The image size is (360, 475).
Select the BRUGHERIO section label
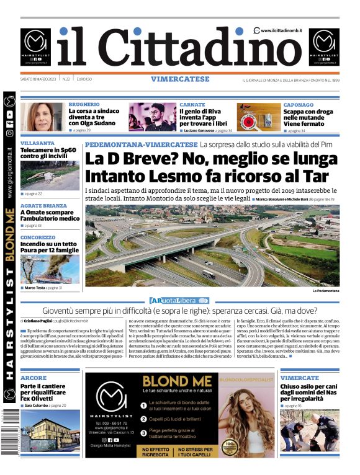click(84, 105)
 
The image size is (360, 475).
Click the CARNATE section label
click(192, 105)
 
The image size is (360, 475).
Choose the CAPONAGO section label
click(299, 105)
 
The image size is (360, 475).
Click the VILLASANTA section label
click(38, 143)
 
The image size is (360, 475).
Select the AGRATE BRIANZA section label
click(43, 205)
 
